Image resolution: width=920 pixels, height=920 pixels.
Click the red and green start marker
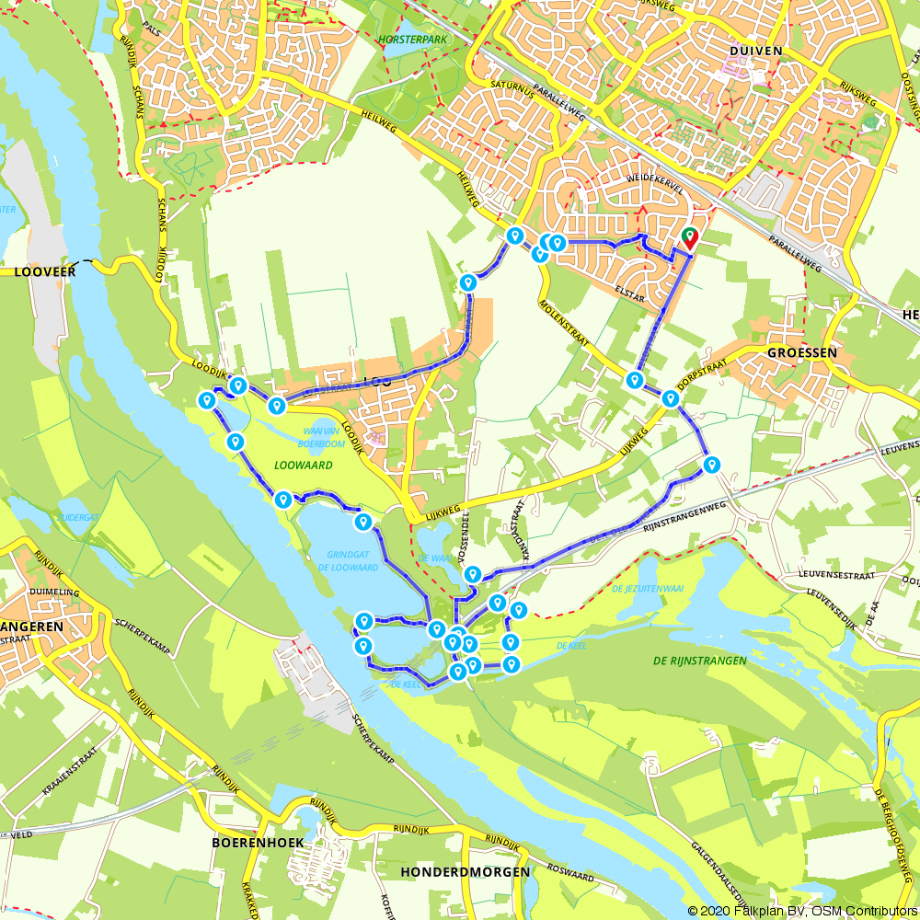(689, 238)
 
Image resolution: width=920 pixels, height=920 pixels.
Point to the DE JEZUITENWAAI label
(648, 588)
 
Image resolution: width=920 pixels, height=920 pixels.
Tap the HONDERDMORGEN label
(466, 871)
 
